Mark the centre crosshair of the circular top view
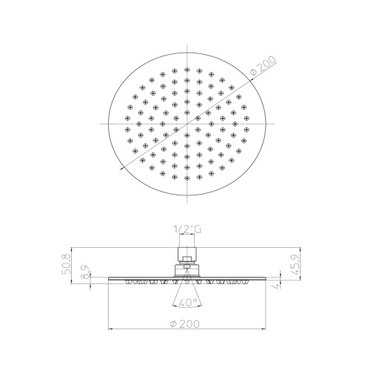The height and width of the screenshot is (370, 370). [x=187, y=121]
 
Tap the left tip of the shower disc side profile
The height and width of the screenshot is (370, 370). [x=110, y=280]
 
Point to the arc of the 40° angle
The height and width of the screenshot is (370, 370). [x=186, y=308]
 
